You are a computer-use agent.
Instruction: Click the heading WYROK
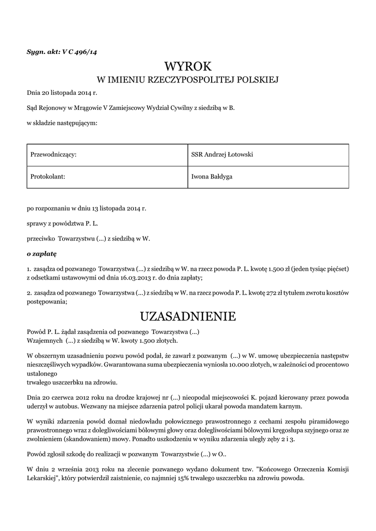[188, 67]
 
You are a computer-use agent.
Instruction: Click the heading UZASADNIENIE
[188, 316]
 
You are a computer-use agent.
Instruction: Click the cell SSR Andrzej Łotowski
[222, 155]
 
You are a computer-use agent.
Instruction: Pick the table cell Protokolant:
[48, 177]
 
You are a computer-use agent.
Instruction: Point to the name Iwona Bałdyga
[212, 177]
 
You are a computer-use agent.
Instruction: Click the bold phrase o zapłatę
[41, 255]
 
